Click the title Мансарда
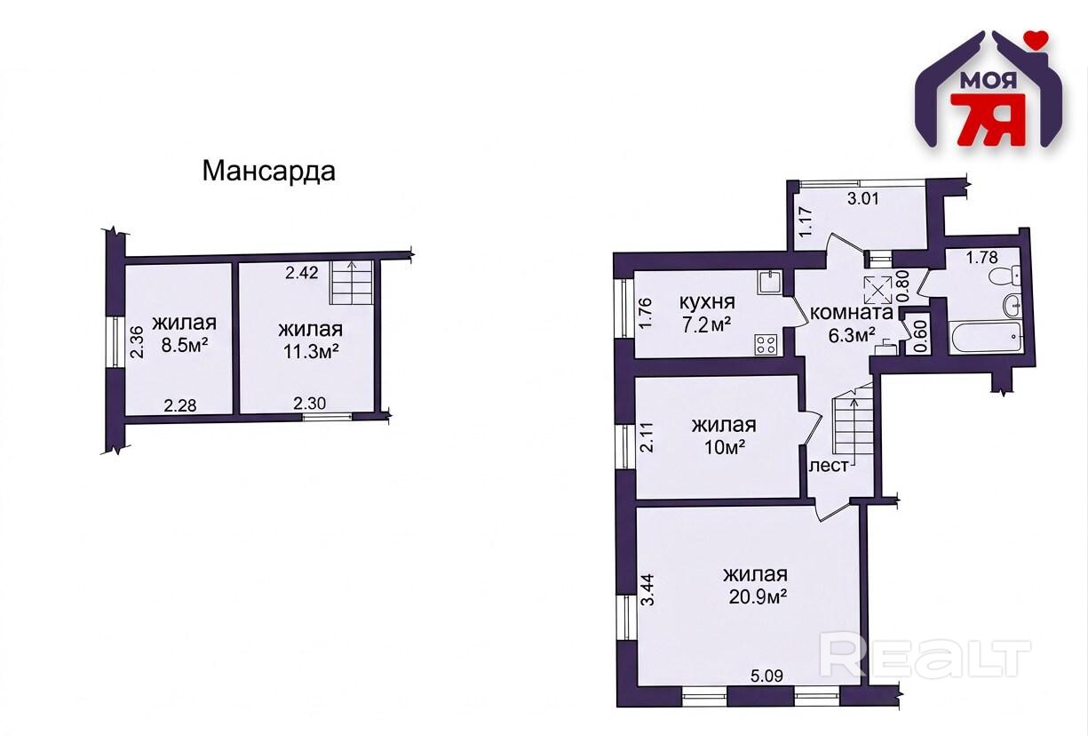click(x=268, y=172)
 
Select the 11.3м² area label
click(x=311, y=352)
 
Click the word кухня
click(x=707, y=303)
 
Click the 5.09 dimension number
click(x=766, y=676)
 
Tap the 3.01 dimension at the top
click(x=862, y=199)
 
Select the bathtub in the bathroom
click(x=986, y=336)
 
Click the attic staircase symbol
click(x=352, y=283)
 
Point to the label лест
click(x=829, y=466)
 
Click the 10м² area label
click(x=725, y=446)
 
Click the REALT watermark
click(x=925, y=658)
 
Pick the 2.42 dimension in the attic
click(x=302, y=273)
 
